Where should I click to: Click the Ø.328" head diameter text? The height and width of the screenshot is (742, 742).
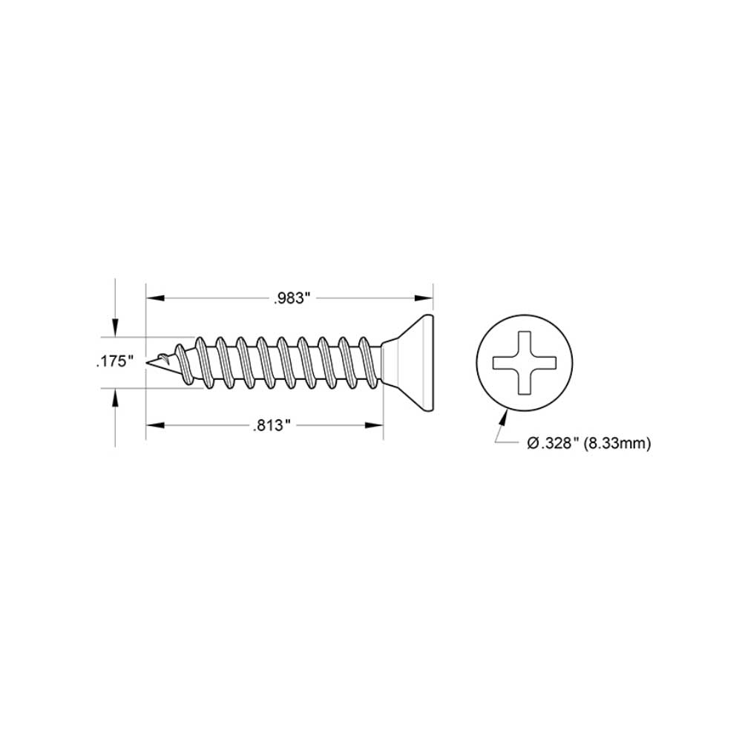553,443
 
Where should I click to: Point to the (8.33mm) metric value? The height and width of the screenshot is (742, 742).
617,443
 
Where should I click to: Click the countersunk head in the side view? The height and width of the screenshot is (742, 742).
412,362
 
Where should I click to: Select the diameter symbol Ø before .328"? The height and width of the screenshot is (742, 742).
532,443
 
